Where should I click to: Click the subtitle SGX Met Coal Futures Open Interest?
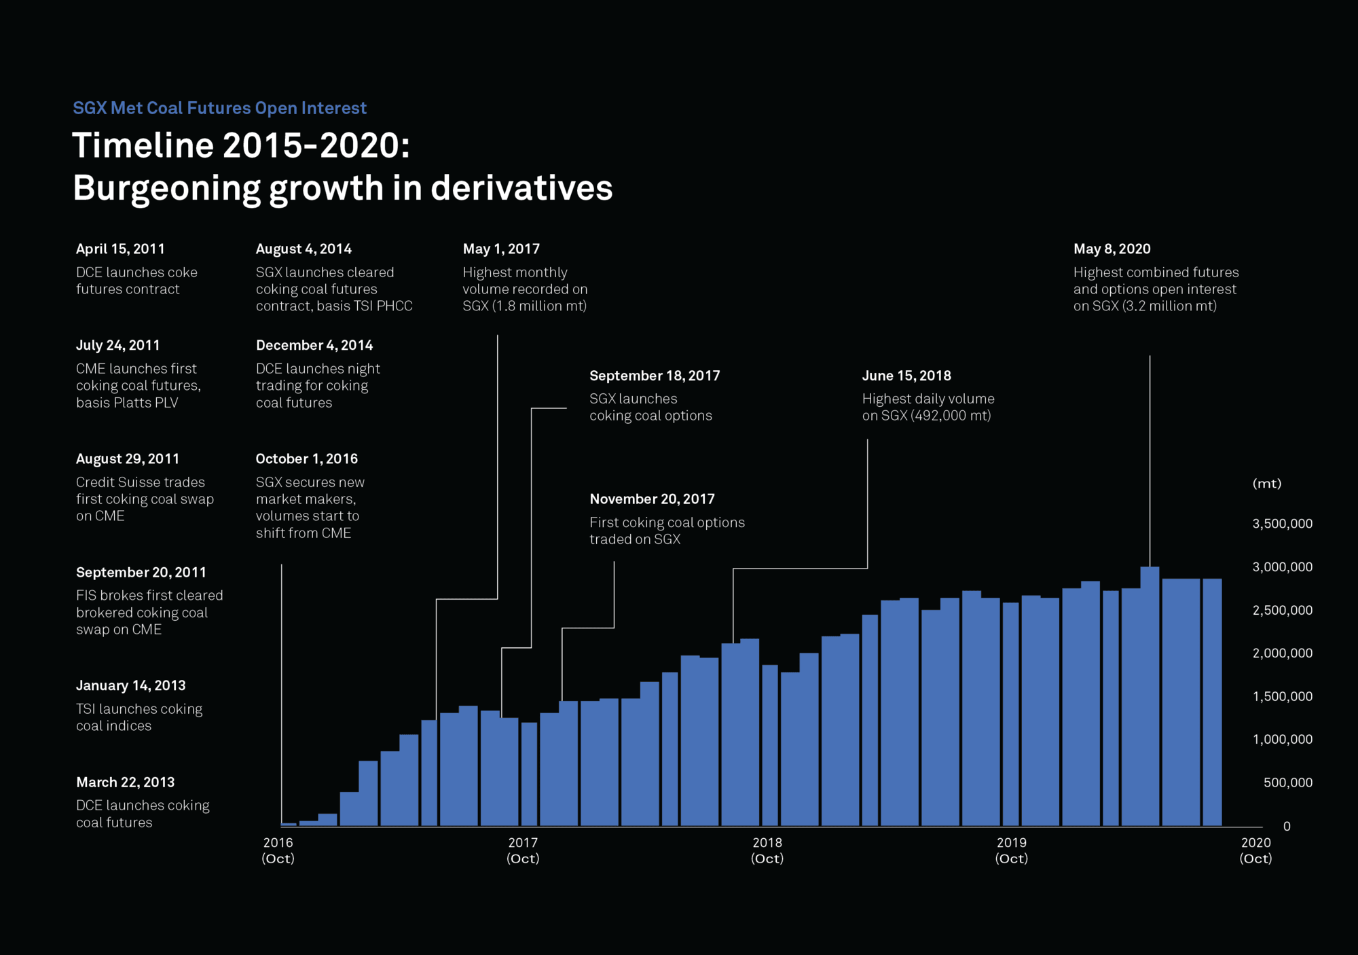click(219, 108)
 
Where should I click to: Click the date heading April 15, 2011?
click(120, 249)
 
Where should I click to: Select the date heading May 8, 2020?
click(1112, 249)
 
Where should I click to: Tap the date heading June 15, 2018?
click(906, 376)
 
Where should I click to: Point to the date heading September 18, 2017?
click(655, 376)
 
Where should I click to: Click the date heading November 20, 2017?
click(652, 499)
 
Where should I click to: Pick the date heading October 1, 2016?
click(306, 459)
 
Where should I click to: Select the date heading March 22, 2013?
click(125, 782)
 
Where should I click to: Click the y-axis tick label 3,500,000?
click(1282, 524)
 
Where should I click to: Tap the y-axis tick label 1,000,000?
click(1282, 740)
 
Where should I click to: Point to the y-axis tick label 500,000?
click(1287, 783)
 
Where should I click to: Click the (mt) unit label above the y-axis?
click(1266, 484)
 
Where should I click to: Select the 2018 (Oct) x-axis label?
click(767, 850)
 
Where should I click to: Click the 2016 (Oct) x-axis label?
click(278, 850)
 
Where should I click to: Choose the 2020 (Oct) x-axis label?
click(1255, 850)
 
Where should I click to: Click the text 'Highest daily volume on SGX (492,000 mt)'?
click(928, 408)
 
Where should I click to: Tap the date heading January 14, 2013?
click(130, 686)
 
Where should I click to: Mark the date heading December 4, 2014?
click(314, 346)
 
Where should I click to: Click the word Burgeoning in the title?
click(166, 189)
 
